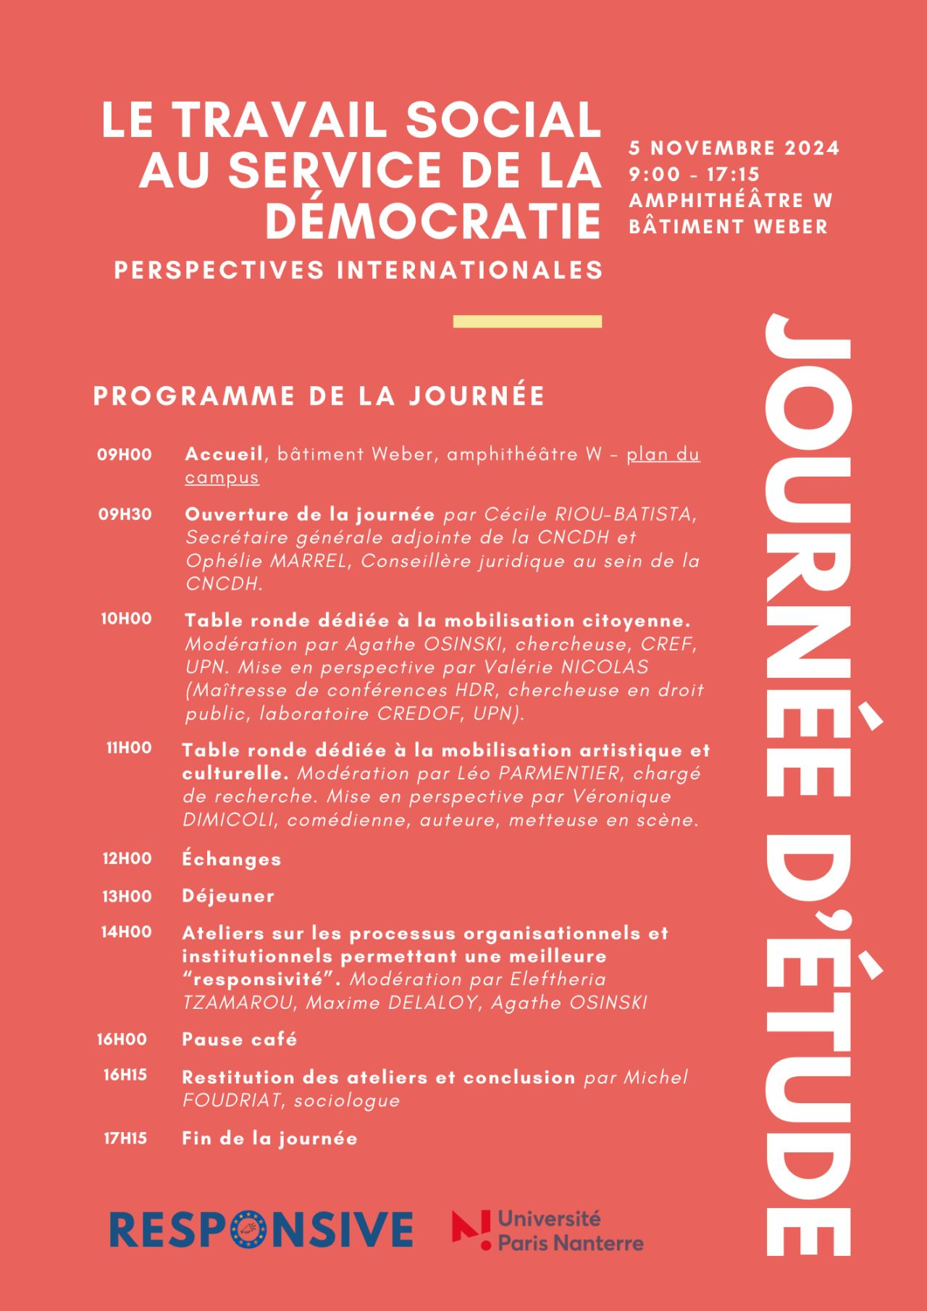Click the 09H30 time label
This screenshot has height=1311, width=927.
tap(125, 514)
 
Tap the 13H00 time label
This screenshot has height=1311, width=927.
tap(127, 897)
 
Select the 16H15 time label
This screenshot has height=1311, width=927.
tap(125, 1076)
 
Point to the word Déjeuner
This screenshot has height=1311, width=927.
tap(228, 896)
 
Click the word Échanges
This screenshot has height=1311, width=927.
tap(231, 859)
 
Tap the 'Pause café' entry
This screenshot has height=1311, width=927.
tap(239, 1039)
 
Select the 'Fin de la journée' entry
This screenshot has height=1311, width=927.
tap(269, 1138)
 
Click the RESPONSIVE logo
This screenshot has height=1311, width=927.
tap(261, 1229)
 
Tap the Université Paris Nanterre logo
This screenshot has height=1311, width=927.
tap(548, 1231)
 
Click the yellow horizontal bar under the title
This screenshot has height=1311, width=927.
tap(527, 322)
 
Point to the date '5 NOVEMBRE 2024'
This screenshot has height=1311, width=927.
tap(734, 148)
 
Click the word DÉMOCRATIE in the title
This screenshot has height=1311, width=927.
tap(433, 220)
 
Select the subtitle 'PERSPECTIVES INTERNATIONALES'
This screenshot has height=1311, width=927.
tap(358, 270)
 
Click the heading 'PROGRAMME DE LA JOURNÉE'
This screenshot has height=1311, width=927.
tap(319, 396)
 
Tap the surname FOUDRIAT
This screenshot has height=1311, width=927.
tap(227, 1101)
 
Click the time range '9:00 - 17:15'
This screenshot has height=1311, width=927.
tap(694, 174)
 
